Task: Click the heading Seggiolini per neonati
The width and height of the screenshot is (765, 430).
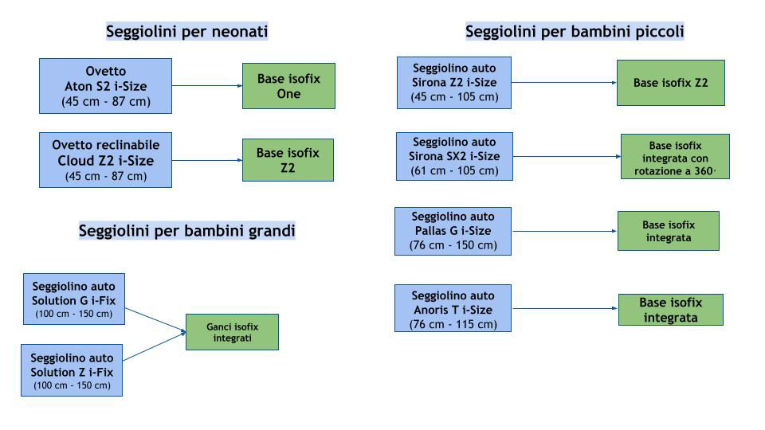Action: pyautogui.click(x=186, y=32)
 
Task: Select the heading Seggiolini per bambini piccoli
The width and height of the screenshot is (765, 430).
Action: pyautogui.click(x=575, y=32)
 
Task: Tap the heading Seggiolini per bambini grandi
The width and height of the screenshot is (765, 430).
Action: pyautogui.click(x=186, y=231)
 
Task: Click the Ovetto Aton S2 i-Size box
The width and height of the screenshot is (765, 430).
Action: pyautogui.click(x=105, y=86)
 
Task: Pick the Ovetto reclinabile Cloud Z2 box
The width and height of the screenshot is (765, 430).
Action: pyautogui.click(x=105, y=160)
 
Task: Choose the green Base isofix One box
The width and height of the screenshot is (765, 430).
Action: pyautogui.click(x=288, y=86)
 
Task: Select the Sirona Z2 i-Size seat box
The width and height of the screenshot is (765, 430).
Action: pyautogui.click(x=454, y=82)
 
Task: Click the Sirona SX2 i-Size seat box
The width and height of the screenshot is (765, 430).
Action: pyautogui.click(x=454, y=157)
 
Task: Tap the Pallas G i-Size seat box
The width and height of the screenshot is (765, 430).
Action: pyautogui.click(x=453, y=231)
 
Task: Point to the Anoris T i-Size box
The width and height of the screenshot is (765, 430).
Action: pyautogui.click(x=453, y=308)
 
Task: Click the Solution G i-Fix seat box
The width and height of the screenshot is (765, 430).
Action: pyautogui.click(x=74, y=299)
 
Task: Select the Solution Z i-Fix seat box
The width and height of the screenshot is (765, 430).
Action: pyautogui.click(x=72, y=370)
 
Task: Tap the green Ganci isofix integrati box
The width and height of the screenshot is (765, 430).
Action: pyautogui.click(x=232, y=332)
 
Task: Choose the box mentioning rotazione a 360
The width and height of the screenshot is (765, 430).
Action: pyautogui.click(x=675, y=157)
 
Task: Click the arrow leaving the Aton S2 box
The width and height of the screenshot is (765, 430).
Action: pyautogui.click(x=207, y=86)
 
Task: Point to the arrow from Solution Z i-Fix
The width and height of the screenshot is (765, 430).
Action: pyautogui.click(x=154, y=346)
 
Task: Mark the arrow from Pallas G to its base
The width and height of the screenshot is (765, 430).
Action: pyautogui.click(x=564, y=231)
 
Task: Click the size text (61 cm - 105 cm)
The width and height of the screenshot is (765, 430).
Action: pyautogui.click(x=454, y=170)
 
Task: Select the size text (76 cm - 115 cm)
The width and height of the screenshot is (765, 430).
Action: pyautogui.click(x=453, y=324)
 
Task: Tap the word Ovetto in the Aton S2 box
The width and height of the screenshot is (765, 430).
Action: pyautogui.click(x=106, y=71)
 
